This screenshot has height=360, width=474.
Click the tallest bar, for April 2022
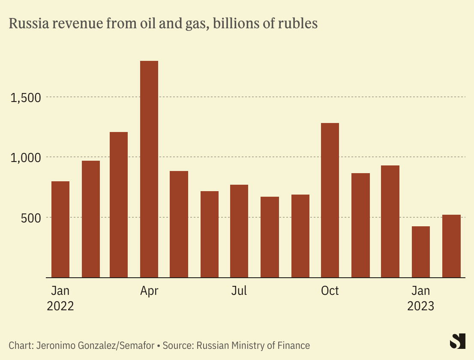149,169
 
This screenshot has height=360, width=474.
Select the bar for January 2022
60,229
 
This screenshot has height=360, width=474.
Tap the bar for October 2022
330,200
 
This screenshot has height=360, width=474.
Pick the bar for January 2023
421,252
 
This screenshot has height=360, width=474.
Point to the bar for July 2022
239,231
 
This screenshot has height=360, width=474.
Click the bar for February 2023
451,246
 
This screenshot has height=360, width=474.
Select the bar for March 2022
119,205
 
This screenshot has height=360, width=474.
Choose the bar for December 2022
390,221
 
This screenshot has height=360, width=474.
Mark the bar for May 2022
179,224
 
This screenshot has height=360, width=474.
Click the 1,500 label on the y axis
25,98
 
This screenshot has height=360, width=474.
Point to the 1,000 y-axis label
25,158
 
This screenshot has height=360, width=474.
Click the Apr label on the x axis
149,291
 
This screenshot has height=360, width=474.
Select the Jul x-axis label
239,291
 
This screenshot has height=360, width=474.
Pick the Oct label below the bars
330,291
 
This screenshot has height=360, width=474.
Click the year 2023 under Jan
420,306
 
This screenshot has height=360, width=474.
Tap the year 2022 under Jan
60,306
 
